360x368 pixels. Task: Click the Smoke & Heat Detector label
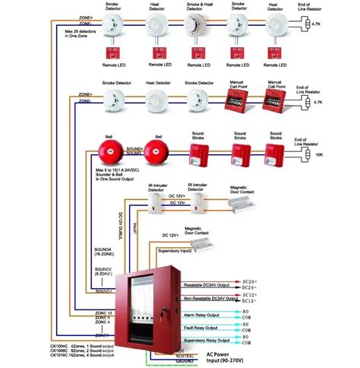[x=199, y=7]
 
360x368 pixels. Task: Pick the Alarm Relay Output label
[x=202, y=314]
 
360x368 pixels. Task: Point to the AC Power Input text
[x=232, y=357]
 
